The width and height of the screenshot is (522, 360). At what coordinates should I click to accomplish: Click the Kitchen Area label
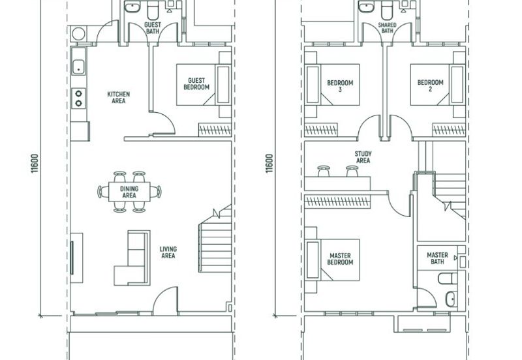point(119,97)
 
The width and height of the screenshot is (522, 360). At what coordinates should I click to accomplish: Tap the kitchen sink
point(78,67)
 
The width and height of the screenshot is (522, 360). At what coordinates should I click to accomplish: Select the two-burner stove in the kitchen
point(78,98)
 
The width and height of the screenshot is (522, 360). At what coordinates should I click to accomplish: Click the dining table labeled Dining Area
point(129,192)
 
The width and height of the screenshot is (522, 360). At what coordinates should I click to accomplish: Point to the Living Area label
point(168,252)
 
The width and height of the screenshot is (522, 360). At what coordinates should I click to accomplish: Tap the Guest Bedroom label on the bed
point(196,84)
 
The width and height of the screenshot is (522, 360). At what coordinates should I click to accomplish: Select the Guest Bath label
point(153,28)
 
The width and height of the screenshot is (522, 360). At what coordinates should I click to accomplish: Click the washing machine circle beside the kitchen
point(78,34)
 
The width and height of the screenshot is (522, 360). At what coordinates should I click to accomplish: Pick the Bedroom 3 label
point(340,86)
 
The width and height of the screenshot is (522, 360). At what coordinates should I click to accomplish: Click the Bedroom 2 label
point(430,85)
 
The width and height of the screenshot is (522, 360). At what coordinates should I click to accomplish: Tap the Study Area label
point(363,157)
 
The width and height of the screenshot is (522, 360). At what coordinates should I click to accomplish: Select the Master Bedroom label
point(340,259)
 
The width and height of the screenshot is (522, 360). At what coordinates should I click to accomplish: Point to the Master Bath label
point(437,258)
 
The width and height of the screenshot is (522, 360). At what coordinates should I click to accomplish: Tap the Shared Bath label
point(387,27)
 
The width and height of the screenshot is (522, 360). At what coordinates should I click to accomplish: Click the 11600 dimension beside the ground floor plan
point(35,163)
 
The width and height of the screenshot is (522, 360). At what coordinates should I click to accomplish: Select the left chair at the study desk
point(323,171)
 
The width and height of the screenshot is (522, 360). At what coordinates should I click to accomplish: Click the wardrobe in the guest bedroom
point(215,130)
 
